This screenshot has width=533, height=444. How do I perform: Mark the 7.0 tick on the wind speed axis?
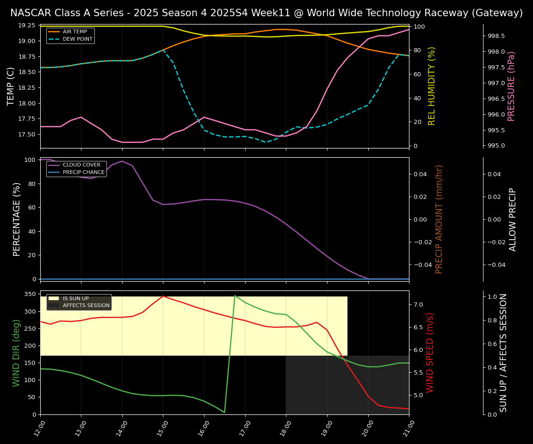pyautogui.click(x=418, y=304)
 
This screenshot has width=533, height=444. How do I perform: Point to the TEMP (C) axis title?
pyautogui.click(x=11, y=86)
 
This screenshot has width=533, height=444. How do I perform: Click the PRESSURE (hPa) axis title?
pyautogui.click(x=511, y=86)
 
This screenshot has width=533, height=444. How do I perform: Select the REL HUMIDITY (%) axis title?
pyautogui.click(x=432, y=86)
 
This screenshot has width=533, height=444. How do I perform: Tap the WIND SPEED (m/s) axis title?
pyautogui.click(x=430, y=352)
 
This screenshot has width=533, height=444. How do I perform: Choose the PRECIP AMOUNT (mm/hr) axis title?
pyautogui.click(x=439, y=219)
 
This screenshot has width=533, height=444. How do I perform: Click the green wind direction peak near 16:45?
pyautogui.click(x=235, y=296)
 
